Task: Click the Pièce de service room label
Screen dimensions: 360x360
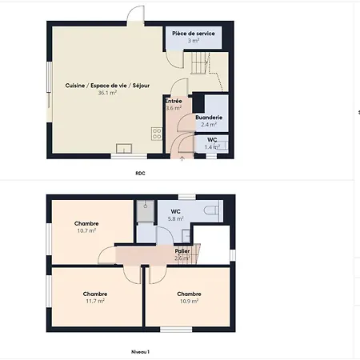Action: click(x=194, y=34)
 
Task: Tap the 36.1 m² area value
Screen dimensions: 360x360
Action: click(x=107, y=93)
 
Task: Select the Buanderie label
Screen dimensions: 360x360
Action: click(x=209, y=118)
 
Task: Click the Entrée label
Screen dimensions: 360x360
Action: click(x=174, y=101)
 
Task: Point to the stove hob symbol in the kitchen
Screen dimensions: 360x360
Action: click(x=157, y=134)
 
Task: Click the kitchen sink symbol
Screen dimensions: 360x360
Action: click(x=124, y=149)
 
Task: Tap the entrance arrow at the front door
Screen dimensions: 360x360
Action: click(x=182, y=159)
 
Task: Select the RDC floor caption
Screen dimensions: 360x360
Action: click(x=140, y=174)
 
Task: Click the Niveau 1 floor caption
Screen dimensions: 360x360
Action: click(x=140, y=352)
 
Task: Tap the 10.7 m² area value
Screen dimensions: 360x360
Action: click(x=86, y=231)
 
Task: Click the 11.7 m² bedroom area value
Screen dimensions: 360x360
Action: click(x=95, y=302)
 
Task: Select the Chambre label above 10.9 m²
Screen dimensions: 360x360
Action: click(x=189, y=294)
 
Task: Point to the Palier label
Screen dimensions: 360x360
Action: click(x=182, y=251)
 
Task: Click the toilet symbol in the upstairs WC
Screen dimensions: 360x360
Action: click(x=211, y=210)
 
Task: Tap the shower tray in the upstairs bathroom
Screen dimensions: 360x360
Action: click(x=146, y=211)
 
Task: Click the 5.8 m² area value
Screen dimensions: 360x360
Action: click(x=175, y=219)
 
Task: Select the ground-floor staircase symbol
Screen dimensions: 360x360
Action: click(x=199, y=63)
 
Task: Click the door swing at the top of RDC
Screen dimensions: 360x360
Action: click(x=135, y=15)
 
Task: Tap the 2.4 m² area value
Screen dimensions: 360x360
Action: click(x=209, y=125)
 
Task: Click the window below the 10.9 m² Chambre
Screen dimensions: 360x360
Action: click(x=176, y=330)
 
